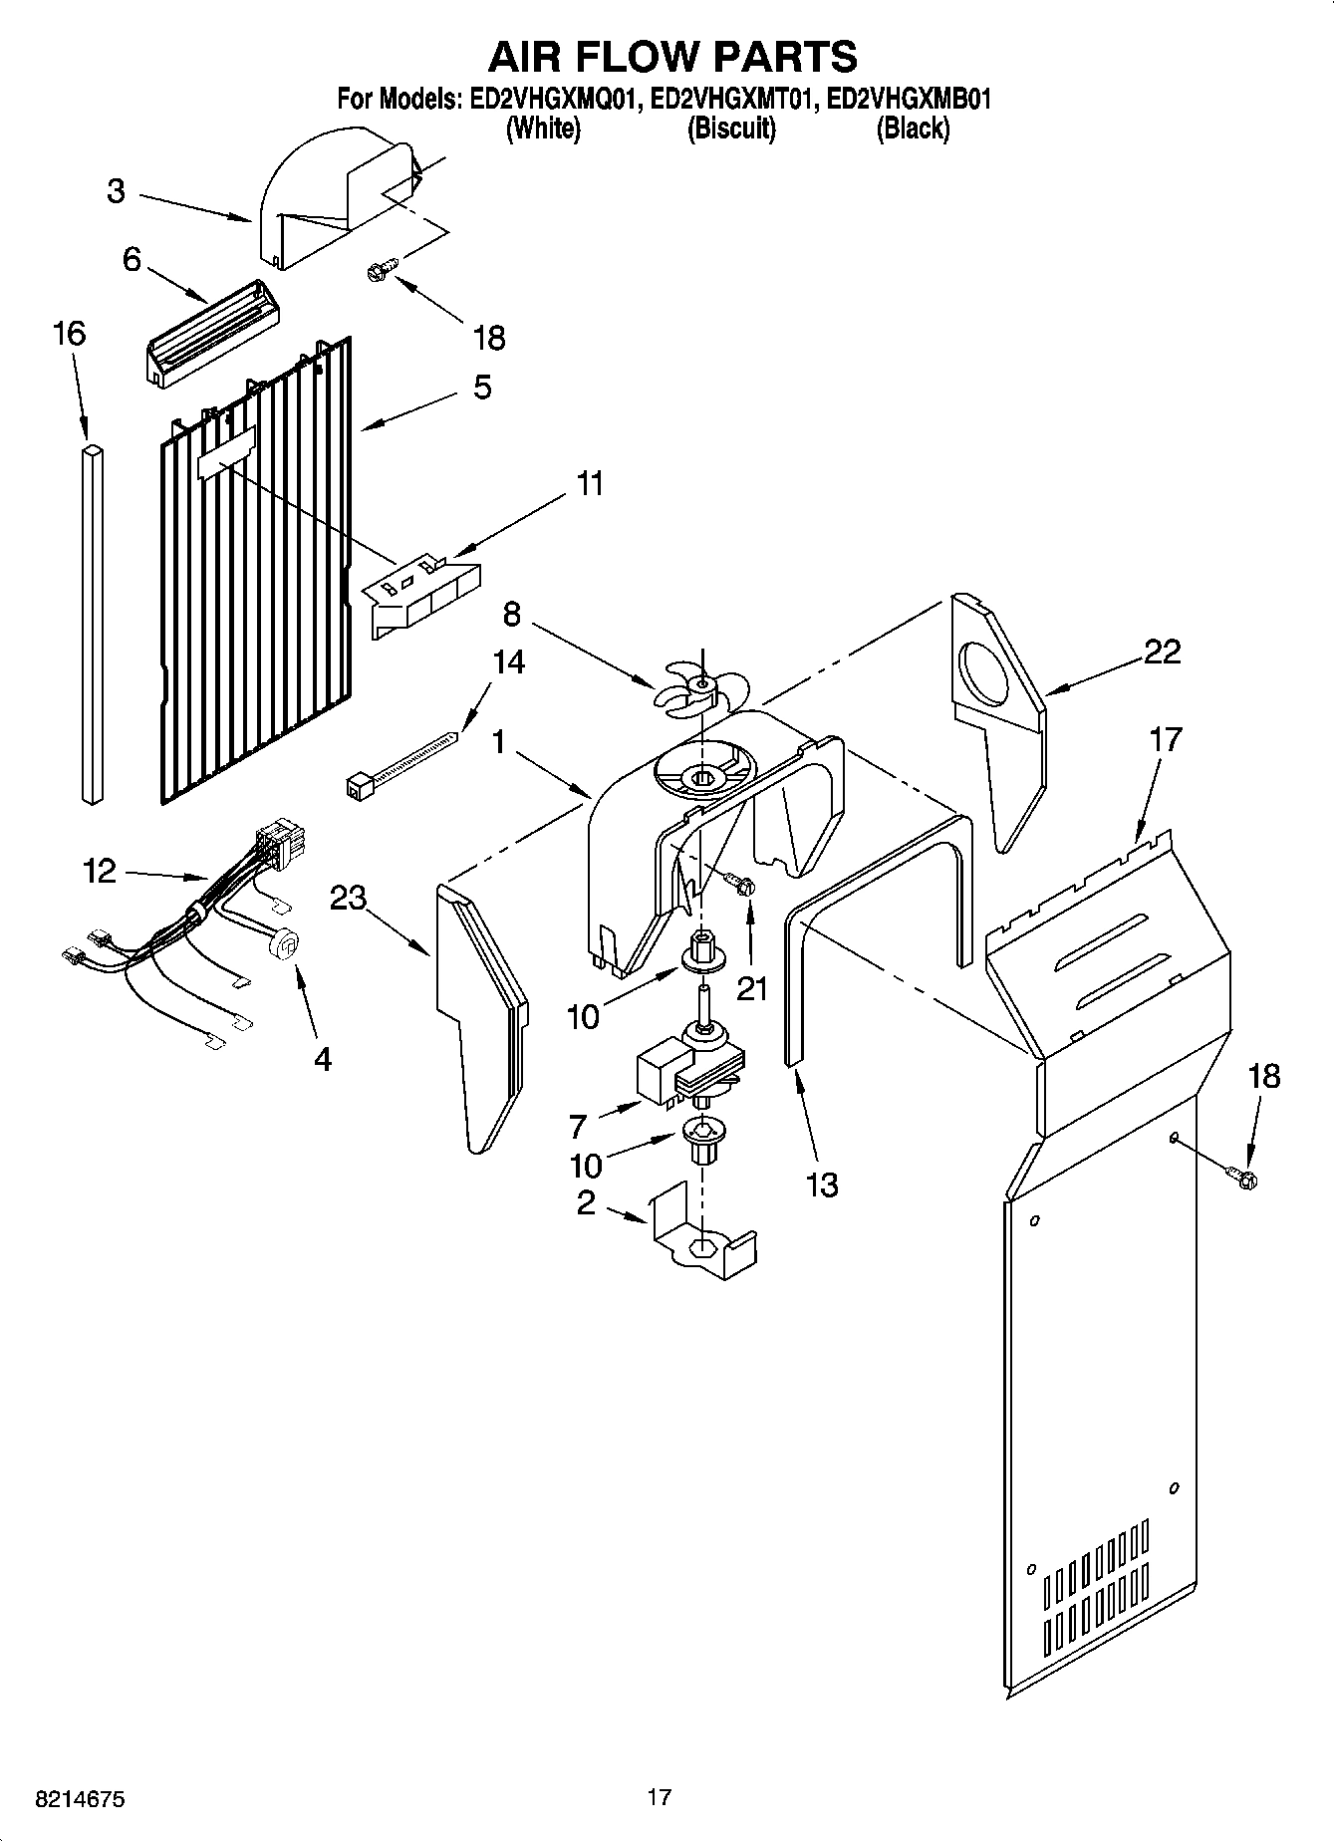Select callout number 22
(x=1162, y=653)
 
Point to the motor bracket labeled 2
(x=702, y=1240)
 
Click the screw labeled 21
(x=741, y=883)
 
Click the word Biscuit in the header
(x=731, y=129)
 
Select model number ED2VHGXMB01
(x=909, y=100)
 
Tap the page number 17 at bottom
(x=659, y=1797)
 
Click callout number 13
(x=822, y=1185)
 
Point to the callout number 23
(x=349, y=899)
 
